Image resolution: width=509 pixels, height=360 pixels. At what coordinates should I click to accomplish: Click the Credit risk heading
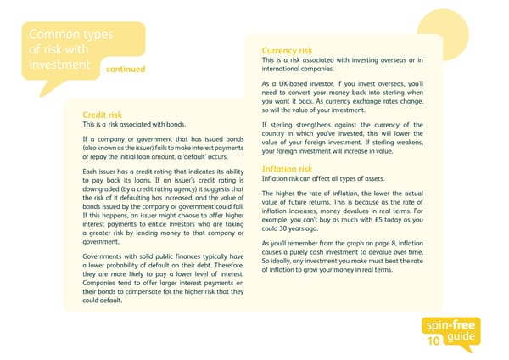click(102, 115)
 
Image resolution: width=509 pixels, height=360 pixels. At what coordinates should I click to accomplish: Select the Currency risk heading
click(287, 50)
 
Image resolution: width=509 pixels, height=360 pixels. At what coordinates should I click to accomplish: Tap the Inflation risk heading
click(288, 169)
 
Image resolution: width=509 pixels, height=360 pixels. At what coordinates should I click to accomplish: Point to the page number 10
click(433, 341)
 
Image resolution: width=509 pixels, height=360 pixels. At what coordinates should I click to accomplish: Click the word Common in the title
click(52, 35)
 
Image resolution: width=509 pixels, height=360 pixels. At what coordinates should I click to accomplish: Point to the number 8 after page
click(399, 244)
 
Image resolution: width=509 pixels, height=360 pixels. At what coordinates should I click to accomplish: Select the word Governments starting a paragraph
click(106, 256)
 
